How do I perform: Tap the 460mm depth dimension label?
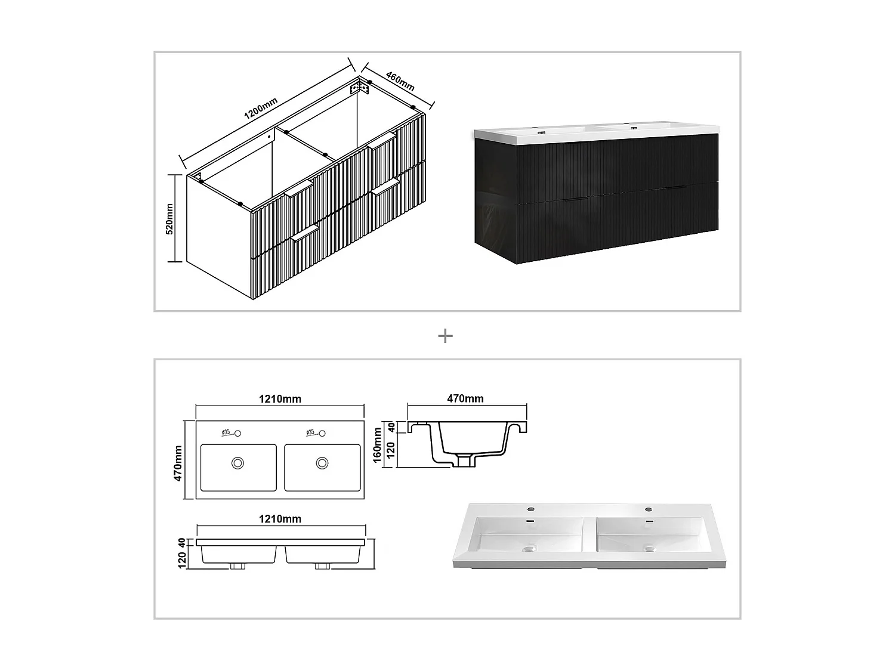pyautogui.click(x=400, y=82)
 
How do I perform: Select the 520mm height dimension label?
pyautogui.click(x=169, y=218)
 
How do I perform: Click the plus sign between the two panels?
pyautogui.click(x=445, y=336)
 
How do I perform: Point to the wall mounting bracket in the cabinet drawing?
pyautogui.click(x=360, y=88)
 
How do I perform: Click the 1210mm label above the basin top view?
pyautogui.click(x=279, y=399)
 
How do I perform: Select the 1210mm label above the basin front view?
pyautogui.click(x=279, y=519)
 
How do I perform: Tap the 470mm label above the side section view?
pyautogui.click(x=465, y=398)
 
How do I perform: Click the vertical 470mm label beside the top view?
pyautogui.click(x=178, y=463)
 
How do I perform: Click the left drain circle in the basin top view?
pyautogui.click(x=238, y=462)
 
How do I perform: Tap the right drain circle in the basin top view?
pyautogui.click(x=322, y=462)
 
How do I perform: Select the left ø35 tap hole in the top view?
pyautogui.click(x=237, y=433)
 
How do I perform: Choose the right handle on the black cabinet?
pyautogui.click(x=676, y=188)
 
